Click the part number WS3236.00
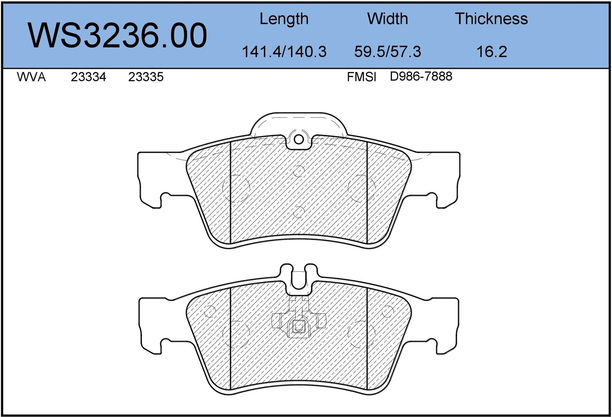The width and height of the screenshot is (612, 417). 118,35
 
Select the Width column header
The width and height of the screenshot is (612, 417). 388,19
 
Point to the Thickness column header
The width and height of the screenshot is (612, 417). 492,19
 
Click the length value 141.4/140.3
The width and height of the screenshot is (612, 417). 284,51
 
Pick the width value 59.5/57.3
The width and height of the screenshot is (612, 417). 388,51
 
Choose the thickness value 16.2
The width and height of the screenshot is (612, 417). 492,51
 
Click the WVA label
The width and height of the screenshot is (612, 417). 31,77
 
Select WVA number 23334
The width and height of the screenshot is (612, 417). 88,77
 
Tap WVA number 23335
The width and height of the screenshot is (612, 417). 146,77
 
